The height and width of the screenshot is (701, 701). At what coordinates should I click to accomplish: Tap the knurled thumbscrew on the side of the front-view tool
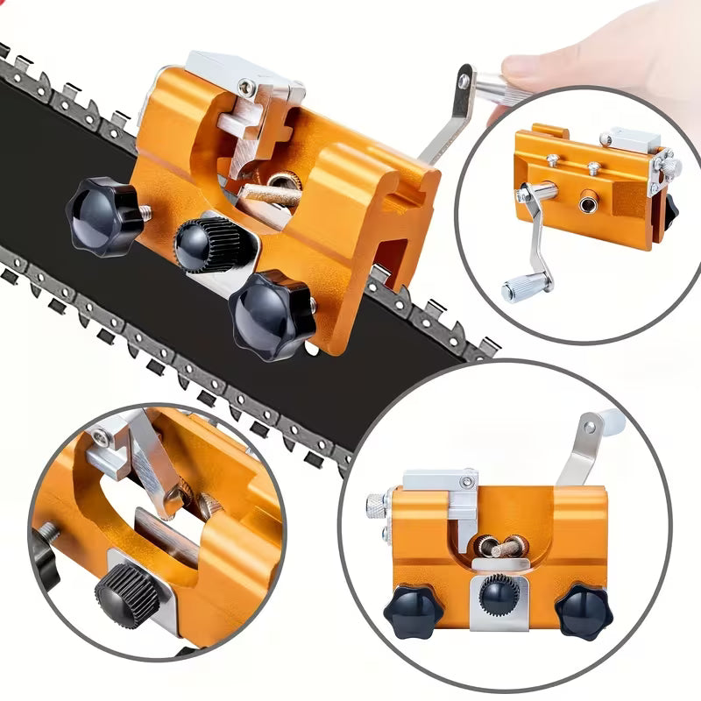point(376,506)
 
